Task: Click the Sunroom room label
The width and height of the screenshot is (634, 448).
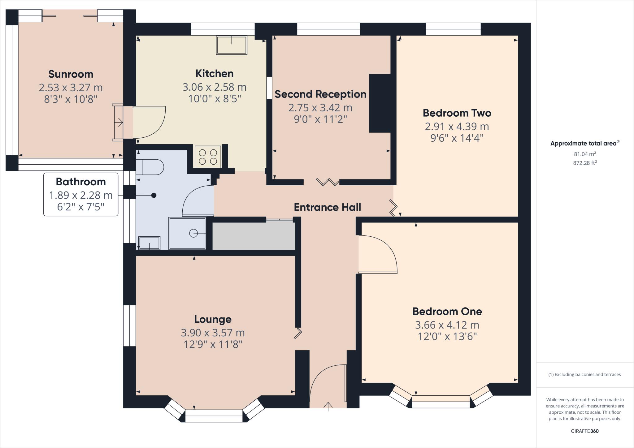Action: point(71,74)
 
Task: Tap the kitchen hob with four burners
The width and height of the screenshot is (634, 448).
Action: point(208,157)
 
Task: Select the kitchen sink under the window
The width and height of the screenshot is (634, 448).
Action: point(232,45)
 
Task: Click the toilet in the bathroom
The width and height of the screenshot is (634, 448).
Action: point(150,167)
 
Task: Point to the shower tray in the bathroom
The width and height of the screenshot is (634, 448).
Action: point(188,233)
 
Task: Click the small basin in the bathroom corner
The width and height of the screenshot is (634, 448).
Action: point(149,243)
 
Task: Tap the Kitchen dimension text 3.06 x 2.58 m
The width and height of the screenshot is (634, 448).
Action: point(214,87)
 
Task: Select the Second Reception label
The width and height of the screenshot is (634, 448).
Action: point(320,94)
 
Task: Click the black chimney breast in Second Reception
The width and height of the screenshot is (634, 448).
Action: point(380,103)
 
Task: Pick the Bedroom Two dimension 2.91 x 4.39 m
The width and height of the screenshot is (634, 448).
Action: point(457,127)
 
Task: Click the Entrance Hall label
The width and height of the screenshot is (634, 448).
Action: point(327,207)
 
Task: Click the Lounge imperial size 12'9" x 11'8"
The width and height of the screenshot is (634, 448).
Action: point(213,344)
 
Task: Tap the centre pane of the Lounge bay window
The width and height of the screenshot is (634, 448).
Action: point(214,416)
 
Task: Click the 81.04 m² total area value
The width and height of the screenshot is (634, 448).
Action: point(585,154)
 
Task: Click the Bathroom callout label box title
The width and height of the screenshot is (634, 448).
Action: point(81,182)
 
